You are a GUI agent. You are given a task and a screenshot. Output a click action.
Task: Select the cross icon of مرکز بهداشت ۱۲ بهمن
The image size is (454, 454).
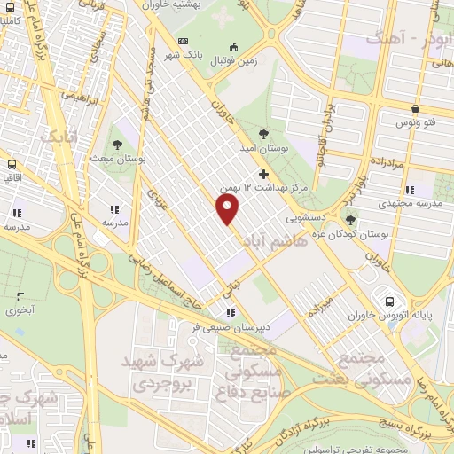(x=262, y=173)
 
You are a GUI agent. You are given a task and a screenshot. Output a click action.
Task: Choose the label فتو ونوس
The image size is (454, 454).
(x=413, y=121)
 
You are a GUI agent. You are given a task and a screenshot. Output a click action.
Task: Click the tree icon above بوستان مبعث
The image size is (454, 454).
(x=116, y=145)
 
